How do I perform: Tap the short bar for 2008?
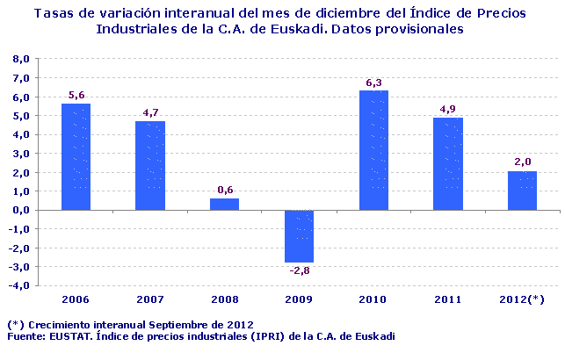[x=224, y=204]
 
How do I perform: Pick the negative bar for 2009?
[x=299, y=236]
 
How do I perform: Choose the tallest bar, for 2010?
[x=373, y=150]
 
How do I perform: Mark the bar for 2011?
[x=448, y=163]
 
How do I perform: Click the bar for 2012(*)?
[x=522, y=191]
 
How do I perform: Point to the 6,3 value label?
[x=373, y=83]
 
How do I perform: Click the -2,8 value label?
[x=299, y=270]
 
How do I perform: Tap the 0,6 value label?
[x=224, y=190]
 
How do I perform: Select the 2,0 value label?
[x=522, y=162]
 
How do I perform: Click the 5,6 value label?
[x=76, y=95]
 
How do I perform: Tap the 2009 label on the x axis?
[x=299, y=299]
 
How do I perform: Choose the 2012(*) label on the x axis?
[x=522, y=299]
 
